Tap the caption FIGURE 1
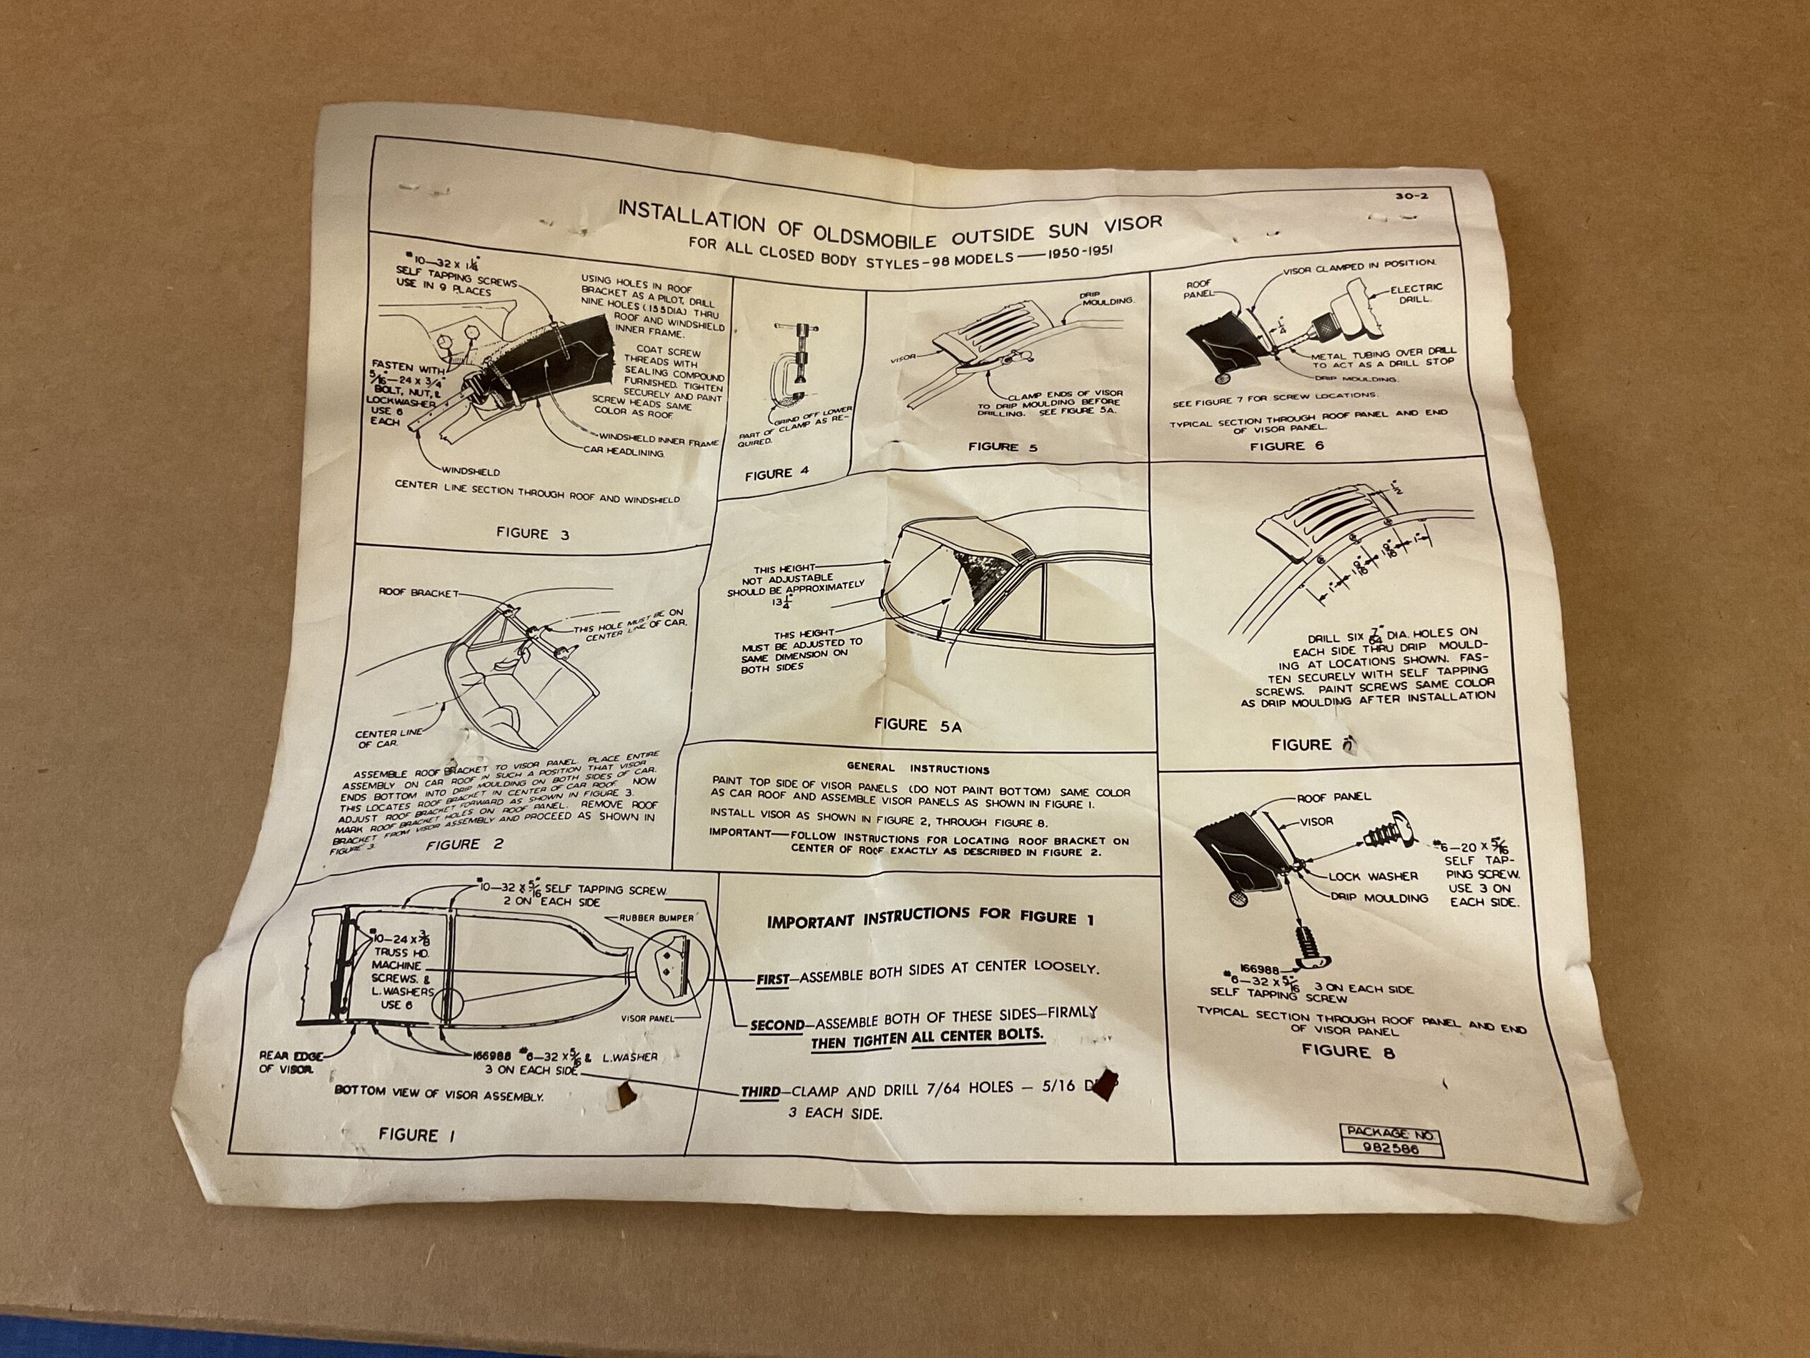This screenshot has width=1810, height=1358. (420, 1135)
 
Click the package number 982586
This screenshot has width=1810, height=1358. (1390, 1150)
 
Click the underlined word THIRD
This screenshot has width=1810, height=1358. (759, 1092)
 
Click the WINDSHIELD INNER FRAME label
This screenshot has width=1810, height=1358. (659, 443)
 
